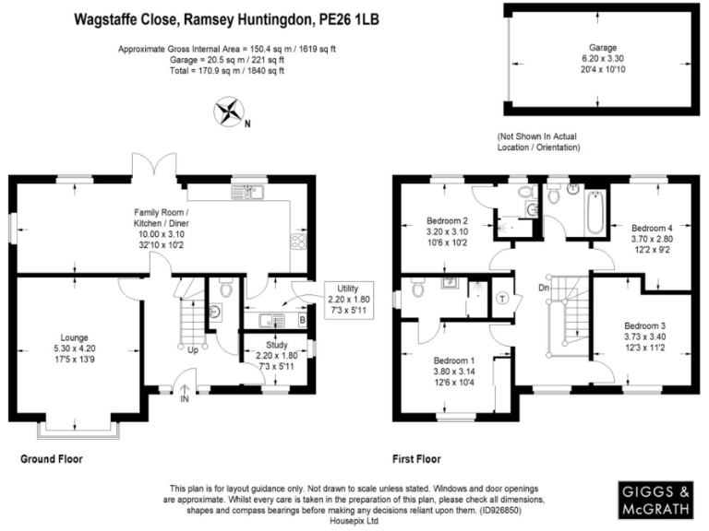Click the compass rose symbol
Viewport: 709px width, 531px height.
coord(229,111)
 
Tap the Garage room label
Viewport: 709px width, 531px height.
coord(602,47)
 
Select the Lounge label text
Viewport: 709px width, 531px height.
coord(74,337)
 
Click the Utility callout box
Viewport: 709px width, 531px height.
coord(349,300)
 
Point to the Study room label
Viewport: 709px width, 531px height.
coord(277,345)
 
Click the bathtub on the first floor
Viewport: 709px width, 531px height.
coord(595,212)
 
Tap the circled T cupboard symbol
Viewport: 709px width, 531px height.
coord(502,299)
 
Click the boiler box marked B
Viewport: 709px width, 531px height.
coord(302,320)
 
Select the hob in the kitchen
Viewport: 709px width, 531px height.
coord(298,242)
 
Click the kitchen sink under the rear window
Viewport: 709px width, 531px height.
coord(246,193)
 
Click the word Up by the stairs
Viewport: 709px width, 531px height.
coord(193,350)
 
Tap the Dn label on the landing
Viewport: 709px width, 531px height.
coord(544,288)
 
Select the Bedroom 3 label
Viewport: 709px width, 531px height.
coord(644,326)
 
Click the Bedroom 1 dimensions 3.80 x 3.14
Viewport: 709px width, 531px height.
coord(454,372)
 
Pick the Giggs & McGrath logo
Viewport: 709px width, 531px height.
coord(655,500)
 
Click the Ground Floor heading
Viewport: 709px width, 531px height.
coord(52,459)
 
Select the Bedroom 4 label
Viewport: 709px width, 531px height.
coord(652,228)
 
